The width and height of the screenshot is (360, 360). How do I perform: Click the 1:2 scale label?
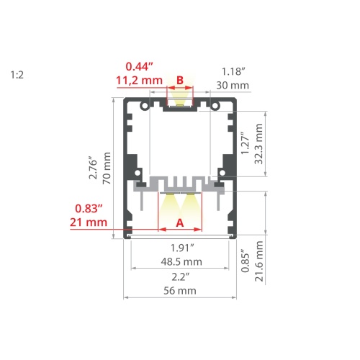17,73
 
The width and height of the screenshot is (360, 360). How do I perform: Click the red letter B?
180,79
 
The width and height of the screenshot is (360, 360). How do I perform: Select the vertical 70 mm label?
107,168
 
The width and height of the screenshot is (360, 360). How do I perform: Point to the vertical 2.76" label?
91,168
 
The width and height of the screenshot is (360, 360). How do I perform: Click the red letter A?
180,223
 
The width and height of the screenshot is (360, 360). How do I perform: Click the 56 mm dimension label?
181,291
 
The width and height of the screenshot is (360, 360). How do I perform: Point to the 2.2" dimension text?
181,276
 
